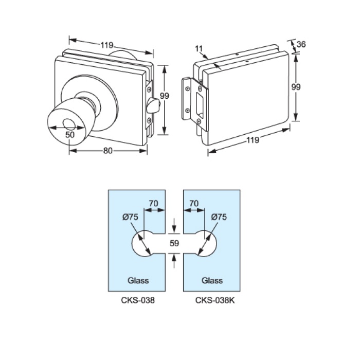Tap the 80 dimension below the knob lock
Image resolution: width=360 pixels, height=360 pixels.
pos(108,151)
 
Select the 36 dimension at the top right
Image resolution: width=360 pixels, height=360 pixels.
pos(301,44)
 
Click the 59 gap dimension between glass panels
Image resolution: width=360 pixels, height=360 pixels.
pos(174,244)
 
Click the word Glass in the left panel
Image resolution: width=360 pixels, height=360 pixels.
pos(138,280)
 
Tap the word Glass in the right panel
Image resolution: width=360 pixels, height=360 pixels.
pos(212,280)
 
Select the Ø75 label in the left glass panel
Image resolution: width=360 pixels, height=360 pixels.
pos(130,217)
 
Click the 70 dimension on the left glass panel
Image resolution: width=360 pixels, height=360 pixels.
pos(153,204)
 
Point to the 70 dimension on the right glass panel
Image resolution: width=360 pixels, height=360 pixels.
pos(194,204)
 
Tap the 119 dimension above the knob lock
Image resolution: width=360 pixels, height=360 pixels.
pos(106,45)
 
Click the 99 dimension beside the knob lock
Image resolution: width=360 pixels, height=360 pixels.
pos(165,96)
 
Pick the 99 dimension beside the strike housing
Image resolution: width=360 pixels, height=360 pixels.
pos(296,87)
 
